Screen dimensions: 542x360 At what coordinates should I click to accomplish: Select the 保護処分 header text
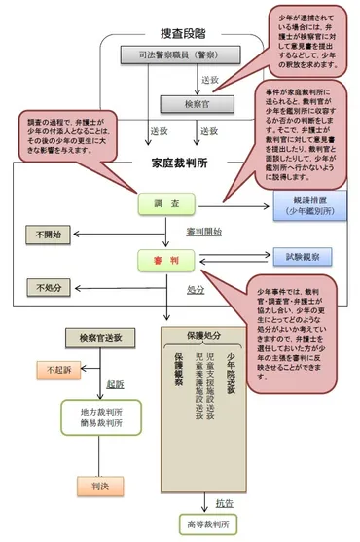pos(204,335)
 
